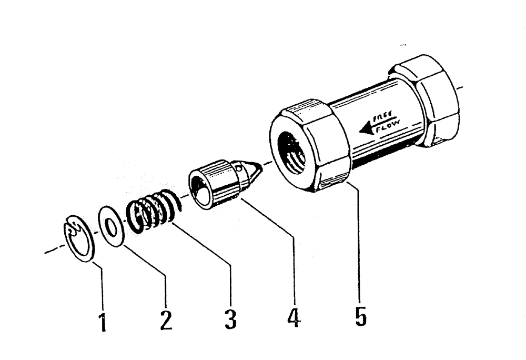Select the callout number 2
pyautogui.click(x=166, y=318)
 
